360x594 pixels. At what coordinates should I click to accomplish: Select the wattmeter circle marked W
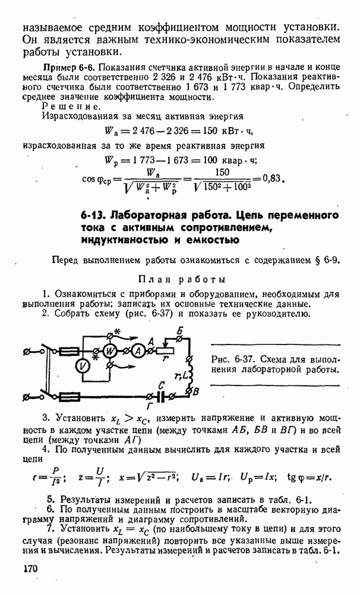110,351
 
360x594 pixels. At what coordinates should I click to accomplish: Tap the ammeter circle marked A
137,351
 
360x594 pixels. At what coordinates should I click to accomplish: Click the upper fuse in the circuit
68,351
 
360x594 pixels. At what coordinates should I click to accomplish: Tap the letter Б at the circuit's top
179,330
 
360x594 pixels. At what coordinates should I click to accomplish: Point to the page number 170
31,568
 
